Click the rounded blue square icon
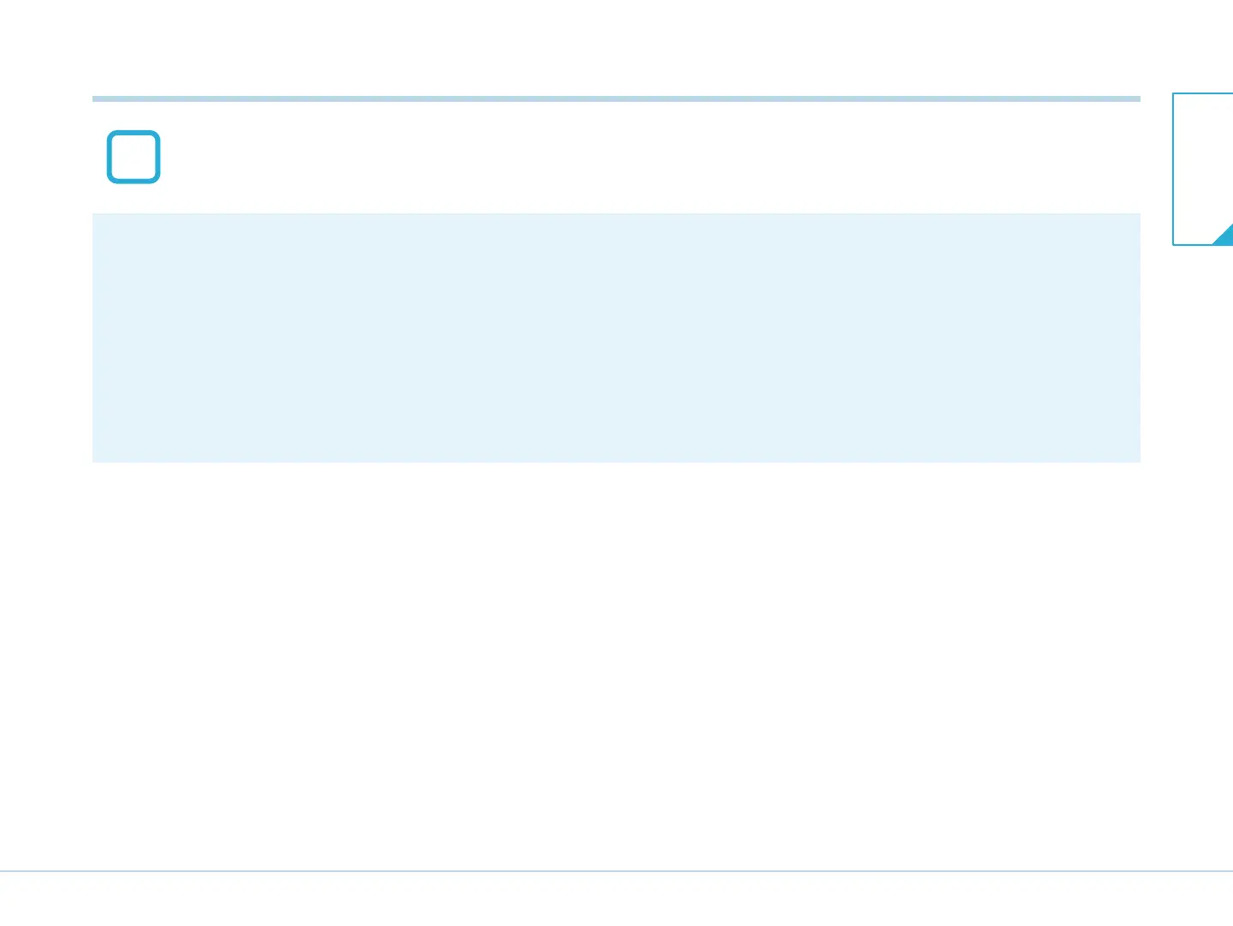pyautogui.click(x=134, y=157)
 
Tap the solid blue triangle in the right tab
pyautogui.click(x=1225, y=236)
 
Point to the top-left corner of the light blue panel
pyautogui.click(x=93, y=214)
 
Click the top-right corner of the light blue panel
pyautogui.click(x=1140, y=214)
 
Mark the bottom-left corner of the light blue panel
pyautogui.click(x=93, y=462)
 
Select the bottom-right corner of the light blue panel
pyautogui.click(x=1140, y=462)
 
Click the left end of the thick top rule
pyautogui.click(x=93, y=99)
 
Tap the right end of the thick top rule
pyautogui.click(x=1140, y=99)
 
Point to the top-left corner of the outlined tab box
pyautogui.click(x=1173, y=93)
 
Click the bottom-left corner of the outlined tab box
pyautogui.click(x=1173, y=245)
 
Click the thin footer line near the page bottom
pyautogui.click(x=616, y=871)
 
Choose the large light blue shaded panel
pyautogui.click(x=616, y=338)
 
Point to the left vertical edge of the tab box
pyautogui.click(x=1173, y=169)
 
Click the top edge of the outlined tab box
pyautogui.click(x=1203, y=93)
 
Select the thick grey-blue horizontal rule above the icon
pyautogui.click(x=616, y=99)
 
